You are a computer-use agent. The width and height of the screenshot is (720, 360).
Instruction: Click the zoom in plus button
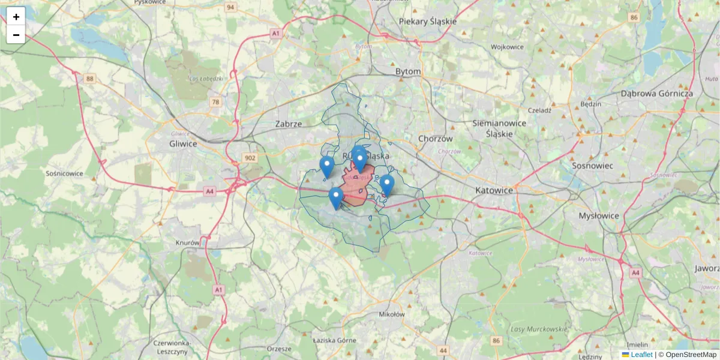tap(16, 16)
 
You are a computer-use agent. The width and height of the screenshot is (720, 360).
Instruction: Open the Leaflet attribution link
tap(641, 355)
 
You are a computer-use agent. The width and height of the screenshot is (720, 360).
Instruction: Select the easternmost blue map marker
tap(387, 185)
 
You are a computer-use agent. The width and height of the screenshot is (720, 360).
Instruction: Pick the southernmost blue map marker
tap(336, 198)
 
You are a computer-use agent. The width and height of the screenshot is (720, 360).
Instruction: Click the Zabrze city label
tap(288, 124)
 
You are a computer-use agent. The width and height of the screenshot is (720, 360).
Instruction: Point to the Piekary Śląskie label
tap(428, 22)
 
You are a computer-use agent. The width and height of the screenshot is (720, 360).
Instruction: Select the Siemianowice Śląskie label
tap(499, 128)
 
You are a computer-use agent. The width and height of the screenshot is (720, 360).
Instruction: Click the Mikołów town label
tap(392, 314)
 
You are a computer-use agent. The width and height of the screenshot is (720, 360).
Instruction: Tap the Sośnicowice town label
tap(64, 173)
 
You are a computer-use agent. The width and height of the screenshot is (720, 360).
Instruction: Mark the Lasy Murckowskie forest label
tap(538, 329)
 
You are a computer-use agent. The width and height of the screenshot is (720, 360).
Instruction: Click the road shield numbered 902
tap(251, 158)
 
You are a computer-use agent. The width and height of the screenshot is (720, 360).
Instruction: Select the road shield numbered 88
tap(90, 79)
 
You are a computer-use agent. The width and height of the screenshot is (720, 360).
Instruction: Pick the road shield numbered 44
tap(443, 350)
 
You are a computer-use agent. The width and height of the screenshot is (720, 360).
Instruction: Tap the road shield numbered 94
tap(230, 7)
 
